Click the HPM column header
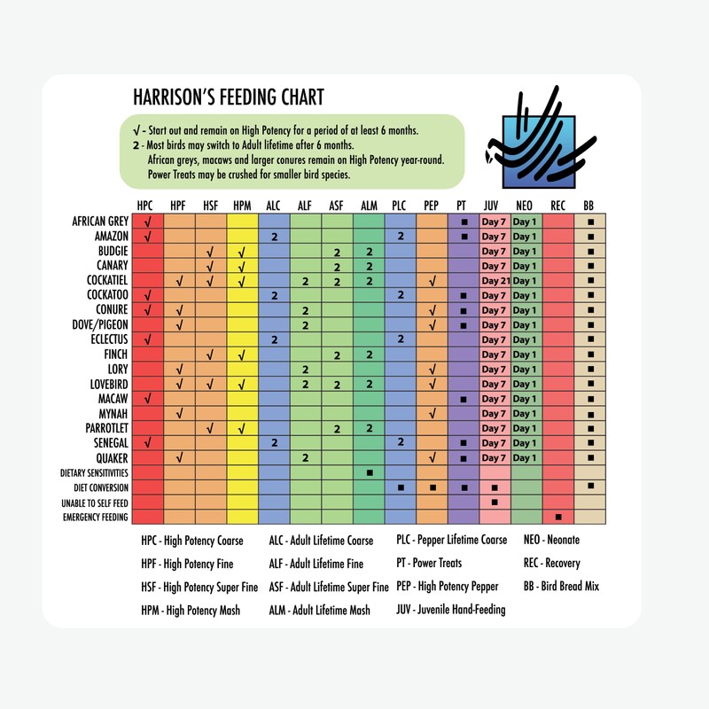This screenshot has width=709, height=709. coord(241,206)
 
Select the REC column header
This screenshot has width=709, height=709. coord(557,206)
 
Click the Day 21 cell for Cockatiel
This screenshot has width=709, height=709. coord(495,280)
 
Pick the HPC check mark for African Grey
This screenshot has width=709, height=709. coord(148,222)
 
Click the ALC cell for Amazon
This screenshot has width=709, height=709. coord(275,237)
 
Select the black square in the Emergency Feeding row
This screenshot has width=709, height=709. coord(557,517)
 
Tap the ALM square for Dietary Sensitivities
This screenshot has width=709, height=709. coord(369,472)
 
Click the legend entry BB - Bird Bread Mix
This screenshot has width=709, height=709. coord(561,587)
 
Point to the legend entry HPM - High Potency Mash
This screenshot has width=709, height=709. coord(191,611)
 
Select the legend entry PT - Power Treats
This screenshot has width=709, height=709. coord(439,563)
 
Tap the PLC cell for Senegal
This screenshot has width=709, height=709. coord(401,442)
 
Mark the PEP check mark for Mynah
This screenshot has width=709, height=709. coord(432,413)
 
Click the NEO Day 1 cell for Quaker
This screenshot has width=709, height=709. coord(526,457)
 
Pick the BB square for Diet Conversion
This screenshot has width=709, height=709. coord(589,487)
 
